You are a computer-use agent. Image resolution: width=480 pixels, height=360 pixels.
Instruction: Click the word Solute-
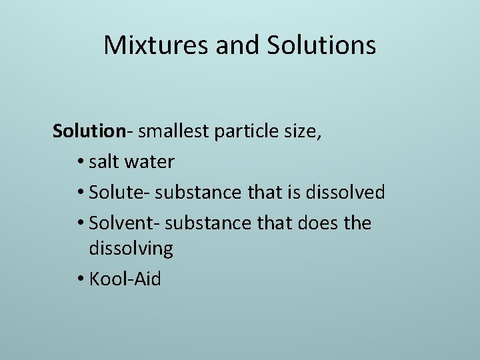coord(119,193)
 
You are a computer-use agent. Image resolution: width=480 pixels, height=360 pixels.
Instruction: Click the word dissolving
coord(131,249)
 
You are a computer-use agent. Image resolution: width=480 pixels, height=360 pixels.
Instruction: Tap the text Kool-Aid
coord(125,279)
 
